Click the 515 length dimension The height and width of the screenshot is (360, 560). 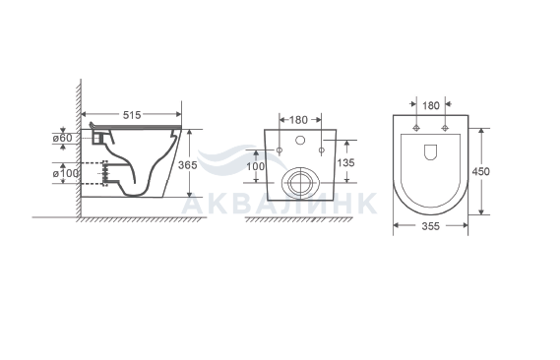coord(132,115)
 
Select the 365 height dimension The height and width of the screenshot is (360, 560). coord(188,165)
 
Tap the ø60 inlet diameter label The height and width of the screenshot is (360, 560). coord(63,138)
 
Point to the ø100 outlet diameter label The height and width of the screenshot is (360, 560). coord(66,173)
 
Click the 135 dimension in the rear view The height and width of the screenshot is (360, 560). coord(345,162)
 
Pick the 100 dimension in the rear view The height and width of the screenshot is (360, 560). coord(256,166)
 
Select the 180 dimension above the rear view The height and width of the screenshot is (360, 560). coord(298,120)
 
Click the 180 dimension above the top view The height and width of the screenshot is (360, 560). coord(431,105)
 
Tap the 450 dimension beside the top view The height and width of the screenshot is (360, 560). coord(480,171)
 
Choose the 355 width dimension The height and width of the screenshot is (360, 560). coord(431,226)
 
